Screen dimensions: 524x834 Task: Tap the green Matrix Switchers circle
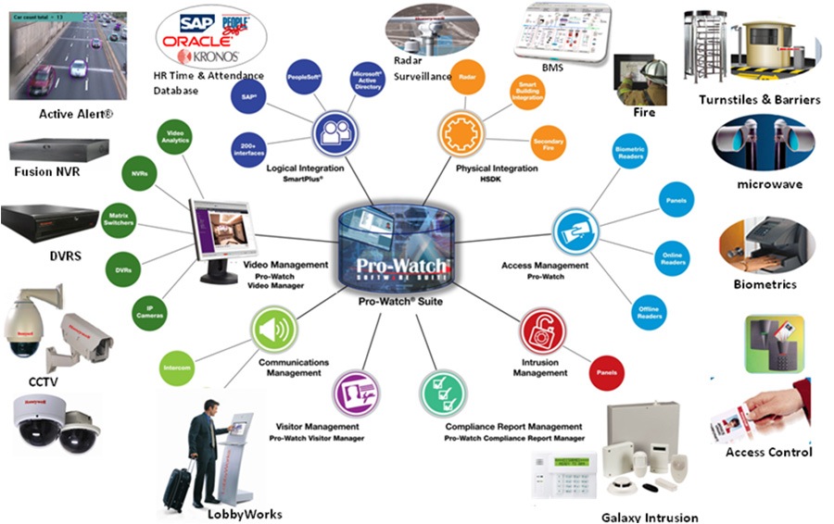[x=120, y=217]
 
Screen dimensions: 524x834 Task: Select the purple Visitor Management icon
[x=355, y=390]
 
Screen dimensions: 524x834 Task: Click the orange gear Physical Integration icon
[x=460, y=132]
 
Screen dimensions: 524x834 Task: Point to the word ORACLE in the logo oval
[x=192, y=42]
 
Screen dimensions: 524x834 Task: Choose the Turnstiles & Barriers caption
[x=759, y=99]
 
